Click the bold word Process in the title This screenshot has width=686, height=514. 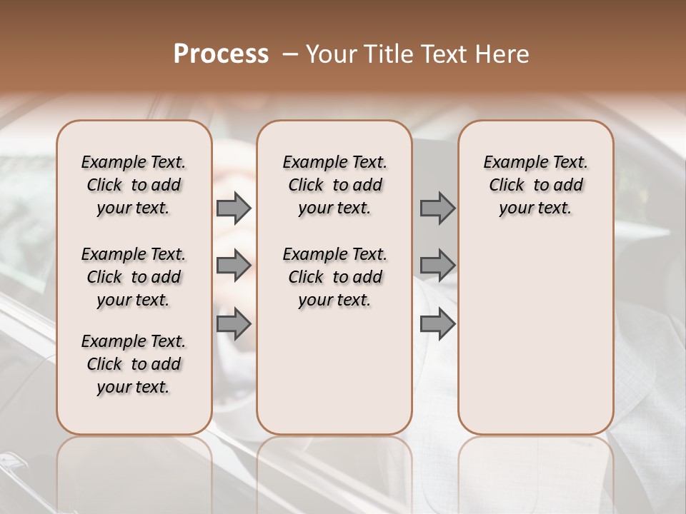[221, 54]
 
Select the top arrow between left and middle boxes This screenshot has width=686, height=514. [234, 208]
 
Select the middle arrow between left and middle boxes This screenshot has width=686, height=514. [234, 266]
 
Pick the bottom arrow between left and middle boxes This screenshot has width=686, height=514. [234, 324]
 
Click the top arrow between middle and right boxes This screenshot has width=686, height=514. [437, 208]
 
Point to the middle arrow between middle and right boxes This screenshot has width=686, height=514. [437, 266]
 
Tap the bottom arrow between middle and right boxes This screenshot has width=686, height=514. [437, 324]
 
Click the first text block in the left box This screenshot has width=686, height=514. [134, 185]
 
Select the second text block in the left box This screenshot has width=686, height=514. [134, 277]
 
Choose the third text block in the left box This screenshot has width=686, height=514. [134, 364]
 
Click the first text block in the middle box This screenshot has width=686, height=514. [334, 185]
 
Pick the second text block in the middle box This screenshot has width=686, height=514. [334, 277]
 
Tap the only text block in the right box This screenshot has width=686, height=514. [535, 185]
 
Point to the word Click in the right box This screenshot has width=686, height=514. [507, 186]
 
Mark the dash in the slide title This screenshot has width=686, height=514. [290, 54]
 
